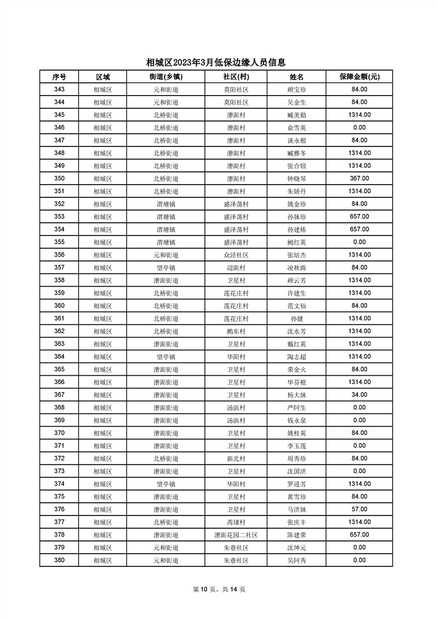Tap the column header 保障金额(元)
[x=359, y=77]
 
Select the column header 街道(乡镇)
[x=166, y=77]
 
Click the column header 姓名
[x=297, y=77]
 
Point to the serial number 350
[x=60, y=178]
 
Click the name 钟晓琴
[x=297, y=178]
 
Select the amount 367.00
[x=359, y=178]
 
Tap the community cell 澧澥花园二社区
[x=236, y=535]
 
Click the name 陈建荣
[x=297, y=535]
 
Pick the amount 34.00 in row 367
[x=359, y=395]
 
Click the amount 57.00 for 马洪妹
[x=359, y=509]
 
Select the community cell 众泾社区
[x=236, y=255]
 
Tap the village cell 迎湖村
[x=236, y=267]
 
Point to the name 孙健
[x=297, y=319]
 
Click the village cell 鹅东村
[x=236, y=332]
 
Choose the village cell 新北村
[x=236, y=459]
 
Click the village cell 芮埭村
[x=236, y=522]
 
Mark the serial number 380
[x=60, y=560]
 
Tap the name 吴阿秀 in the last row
[x=297, y=560]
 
